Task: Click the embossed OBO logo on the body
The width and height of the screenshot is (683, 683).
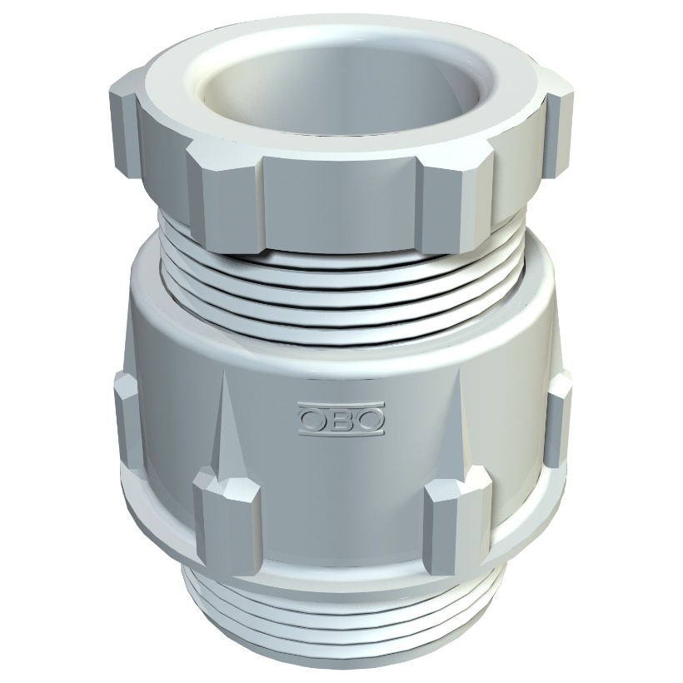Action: point(341,419)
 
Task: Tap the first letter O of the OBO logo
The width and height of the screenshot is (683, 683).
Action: point(312,419)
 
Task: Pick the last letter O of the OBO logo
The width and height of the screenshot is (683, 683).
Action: point(370,419)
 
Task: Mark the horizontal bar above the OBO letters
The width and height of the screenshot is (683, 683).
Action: point(341,405)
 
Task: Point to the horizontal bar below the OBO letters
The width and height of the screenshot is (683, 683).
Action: point(341,432)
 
